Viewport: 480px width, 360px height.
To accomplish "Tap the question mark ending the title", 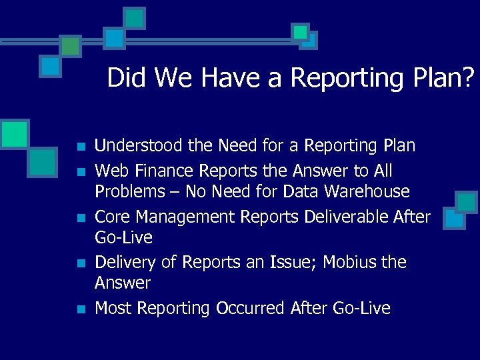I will tap(470, 78).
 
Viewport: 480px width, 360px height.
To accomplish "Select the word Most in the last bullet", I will tap(111, 308).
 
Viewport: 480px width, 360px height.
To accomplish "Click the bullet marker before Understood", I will tap(80, 147).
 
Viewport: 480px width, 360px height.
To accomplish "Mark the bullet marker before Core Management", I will tap(80, 218).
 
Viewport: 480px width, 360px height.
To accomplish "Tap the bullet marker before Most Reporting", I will tap(80, 309).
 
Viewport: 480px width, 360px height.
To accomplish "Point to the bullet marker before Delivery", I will tap(80, 263).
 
